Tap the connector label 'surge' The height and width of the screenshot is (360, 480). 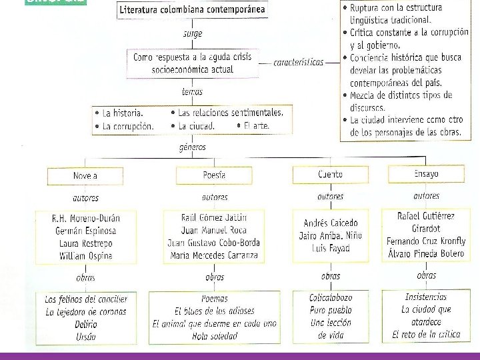coord(193,33)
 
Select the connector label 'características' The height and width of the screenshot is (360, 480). coord(298,62)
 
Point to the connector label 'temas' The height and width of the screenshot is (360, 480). coord(192,92)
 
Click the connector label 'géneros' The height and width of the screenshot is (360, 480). coord(193,147)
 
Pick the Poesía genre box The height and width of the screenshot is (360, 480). coord(214,175)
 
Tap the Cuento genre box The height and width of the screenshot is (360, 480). coord(331,174)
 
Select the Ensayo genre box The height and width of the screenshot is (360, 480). coord(427,173)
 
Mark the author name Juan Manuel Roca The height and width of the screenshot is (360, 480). coord(213,230)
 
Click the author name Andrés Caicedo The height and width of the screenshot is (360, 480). coord(331,223)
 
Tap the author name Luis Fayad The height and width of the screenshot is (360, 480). coord(331,249)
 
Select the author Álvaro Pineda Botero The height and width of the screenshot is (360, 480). coord(427,254)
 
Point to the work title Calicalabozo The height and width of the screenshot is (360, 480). coord(331,298)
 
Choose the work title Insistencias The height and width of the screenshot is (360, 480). coord(426,297)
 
